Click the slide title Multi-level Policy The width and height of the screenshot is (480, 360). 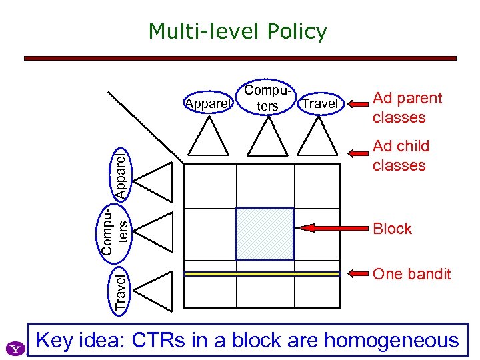pyautogui.click(x=238, y=31)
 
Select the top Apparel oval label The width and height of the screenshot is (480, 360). pyautogui.click(x=208, y=104)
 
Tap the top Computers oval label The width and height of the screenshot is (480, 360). pyautogui.click(x=269, y=98)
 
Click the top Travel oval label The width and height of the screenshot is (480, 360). pyautogui.click(x=320, y=104)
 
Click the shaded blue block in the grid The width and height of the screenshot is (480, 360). pyautogui.click(x=265, y=233)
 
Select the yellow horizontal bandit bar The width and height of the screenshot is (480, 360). pyautogui.click(x=261, y=273)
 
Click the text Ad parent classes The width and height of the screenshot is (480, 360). pyautogui.click(x=407, y=107)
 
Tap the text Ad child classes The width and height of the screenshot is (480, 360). pyautogui.click(x=401, y=155)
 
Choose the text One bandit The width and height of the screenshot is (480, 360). pyautogui.click(x=411, y=274)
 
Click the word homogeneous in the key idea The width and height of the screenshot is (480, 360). pyautogui.click(x=391, y=340)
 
